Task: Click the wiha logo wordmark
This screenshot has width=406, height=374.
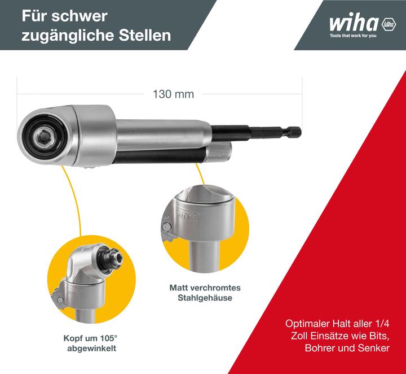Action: click(x=354, y=24)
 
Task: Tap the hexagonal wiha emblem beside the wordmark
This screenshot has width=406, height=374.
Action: click(x=389, y=24)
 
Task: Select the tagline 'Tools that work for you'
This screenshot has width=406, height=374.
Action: click(x=353, y=36)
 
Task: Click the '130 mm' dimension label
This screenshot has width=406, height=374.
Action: click(x=173, y=94)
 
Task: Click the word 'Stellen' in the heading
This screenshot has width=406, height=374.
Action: click(x=143, y=35)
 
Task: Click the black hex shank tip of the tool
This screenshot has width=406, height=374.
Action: click(x=293, y=132)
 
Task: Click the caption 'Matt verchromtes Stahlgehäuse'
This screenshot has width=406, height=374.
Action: click(x=201, y=293)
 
